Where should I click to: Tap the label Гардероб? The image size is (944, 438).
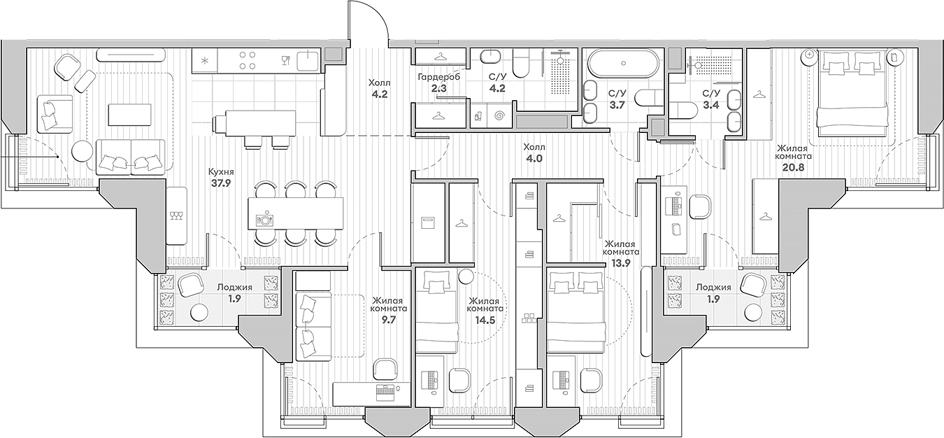click(x=438, y=76)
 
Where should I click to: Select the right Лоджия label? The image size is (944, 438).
click(x=713, y=287)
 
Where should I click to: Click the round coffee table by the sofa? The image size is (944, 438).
click(x=83, y=150)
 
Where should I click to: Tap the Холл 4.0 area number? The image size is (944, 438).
click(x=535, y=159)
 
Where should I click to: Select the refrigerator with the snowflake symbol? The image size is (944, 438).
click(x=205, y=61)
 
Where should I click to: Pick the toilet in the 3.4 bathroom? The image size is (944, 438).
click(x=684, y=107)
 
